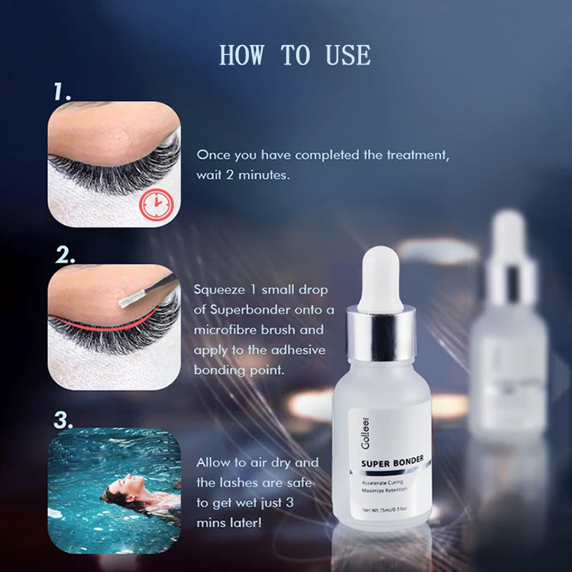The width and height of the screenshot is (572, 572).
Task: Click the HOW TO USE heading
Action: [295, 55]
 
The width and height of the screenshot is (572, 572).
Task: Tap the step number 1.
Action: [62, 92]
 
